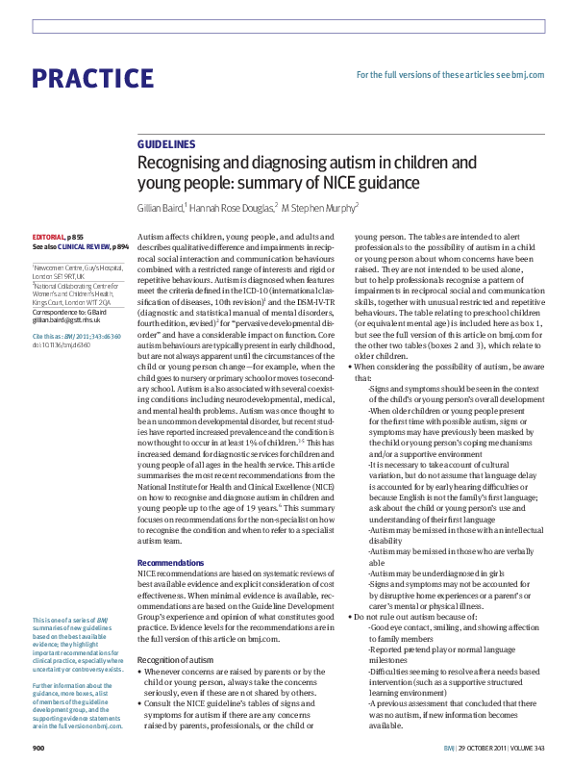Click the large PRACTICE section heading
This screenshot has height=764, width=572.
92,79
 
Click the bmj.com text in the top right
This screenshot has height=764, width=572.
528,74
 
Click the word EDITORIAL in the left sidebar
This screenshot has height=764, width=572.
48,236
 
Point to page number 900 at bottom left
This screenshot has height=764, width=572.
39,748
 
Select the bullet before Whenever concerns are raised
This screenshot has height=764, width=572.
141,670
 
